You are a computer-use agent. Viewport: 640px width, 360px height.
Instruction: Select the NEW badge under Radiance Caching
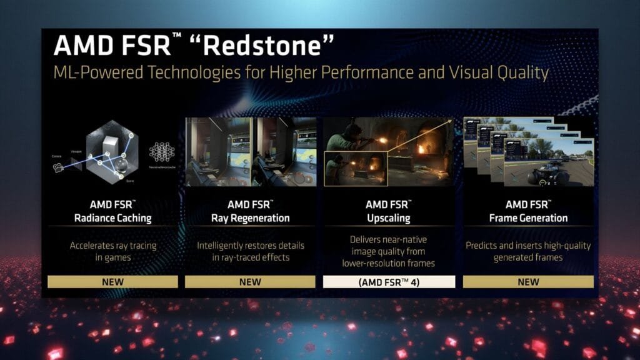[112, 282]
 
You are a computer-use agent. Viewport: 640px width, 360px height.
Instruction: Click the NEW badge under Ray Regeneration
[250, 282]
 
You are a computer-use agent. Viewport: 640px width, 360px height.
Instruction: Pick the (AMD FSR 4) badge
[389, 282]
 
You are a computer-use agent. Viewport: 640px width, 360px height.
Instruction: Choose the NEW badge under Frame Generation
[528, 282]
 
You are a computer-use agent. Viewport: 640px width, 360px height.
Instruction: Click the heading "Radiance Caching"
[112, 218]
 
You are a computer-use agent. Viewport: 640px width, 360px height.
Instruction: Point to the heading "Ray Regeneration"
[250, 218]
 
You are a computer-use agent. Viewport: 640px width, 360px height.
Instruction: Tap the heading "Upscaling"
[389, 218]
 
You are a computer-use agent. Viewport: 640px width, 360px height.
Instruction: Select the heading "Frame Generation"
[528, 218]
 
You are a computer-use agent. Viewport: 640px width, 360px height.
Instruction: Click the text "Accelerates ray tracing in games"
[112, 251]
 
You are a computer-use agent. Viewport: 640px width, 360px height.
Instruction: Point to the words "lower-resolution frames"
[389, 263]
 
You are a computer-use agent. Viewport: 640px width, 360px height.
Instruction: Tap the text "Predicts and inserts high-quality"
[528, 246]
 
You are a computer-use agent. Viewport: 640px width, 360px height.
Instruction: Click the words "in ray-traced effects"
[250, 257]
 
